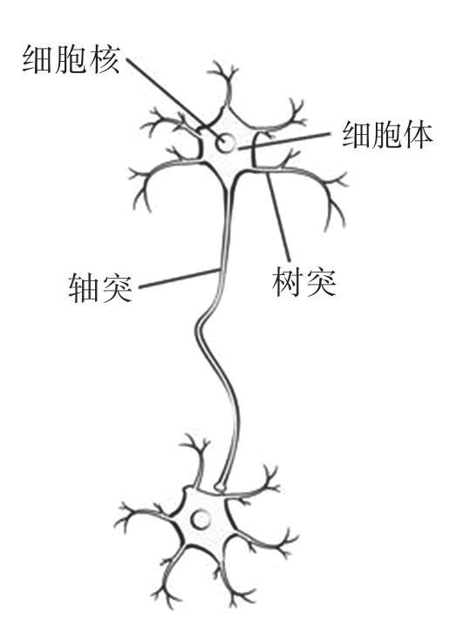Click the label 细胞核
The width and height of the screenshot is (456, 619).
point(71,60)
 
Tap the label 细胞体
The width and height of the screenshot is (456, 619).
point(388,135)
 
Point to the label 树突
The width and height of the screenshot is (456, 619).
point(303,282)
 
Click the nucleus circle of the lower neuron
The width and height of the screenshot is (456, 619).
point(201,520)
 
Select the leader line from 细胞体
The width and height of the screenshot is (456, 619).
point(284,141)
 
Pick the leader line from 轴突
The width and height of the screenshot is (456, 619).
point(179,279)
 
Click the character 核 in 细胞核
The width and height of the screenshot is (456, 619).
point(104,60)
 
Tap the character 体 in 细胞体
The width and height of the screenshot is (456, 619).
point(418,135)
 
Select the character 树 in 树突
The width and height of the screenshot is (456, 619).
point(287,282)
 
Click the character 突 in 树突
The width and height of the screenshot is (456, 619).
point(321,282)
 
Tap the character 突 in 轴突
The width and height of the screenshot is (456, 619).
point(117,288)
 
